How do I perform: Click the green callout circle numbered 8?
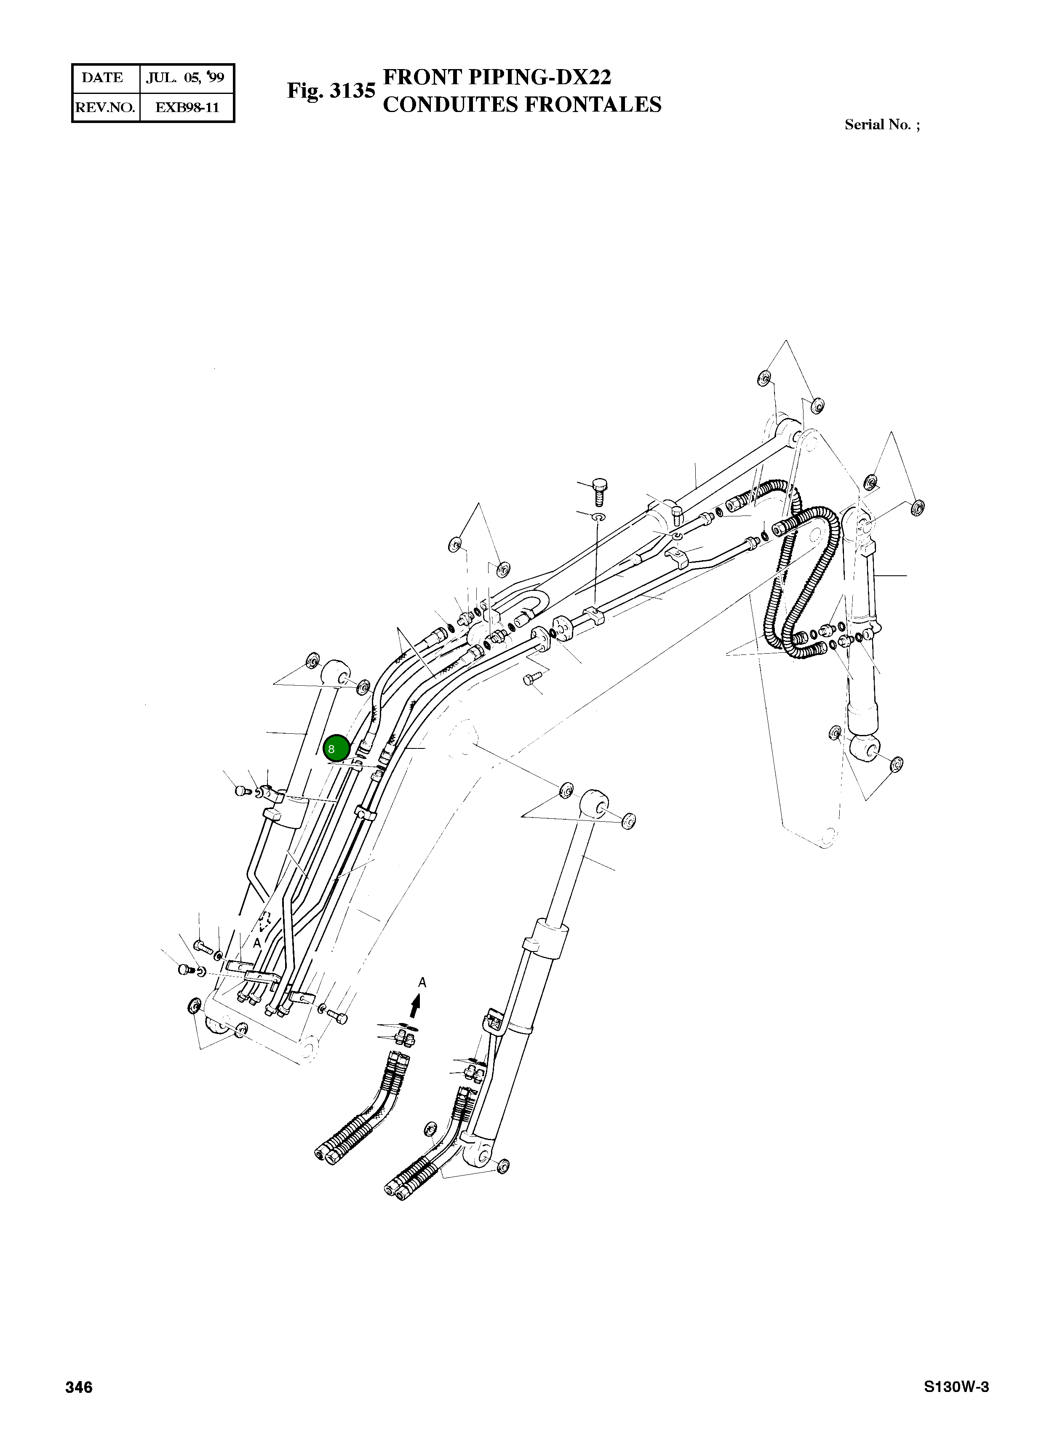tap(336, 748)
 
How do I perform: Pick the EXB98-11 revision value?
tap(187, 108)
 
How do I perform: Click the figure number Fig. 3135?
tap(331, 91)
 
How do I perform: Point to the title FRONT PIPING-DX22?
tap(497, 77)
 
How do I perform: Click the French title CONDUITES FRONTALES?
tap(522, 104)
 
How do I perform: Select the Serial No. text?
tap(882, 125)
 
